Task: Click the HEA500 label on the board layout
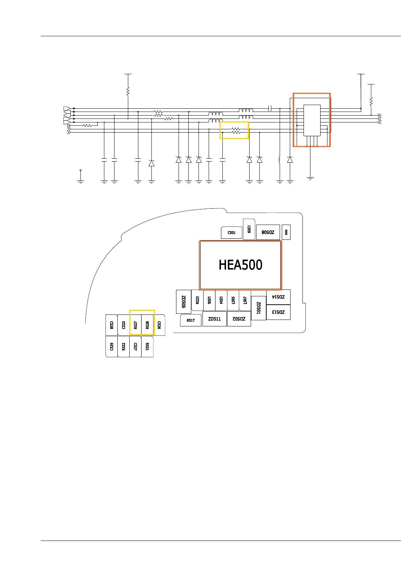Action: (x=241, y=265)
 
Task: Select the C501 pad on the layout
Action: (x=231, y=233)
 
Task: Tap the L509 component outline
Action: (x=249, y=229)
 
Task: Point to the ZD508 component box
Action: (x=268, y=232)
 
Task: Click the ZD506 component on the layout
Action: (x=184, y=302)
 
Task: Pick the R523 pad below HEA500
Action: (x=197, y=300)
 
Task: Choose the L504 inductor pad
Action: (x=221, y=300)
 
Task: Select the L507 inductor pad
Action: (x=245, y=300)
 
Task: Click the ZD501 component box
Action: (x=259, y=308)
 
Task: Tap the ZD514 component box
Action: (x=278, y=297)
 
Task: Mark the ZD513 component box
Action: (x=278, y=312)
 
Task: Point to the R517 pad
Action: (x=191, y=320)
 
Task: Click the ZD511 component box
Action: (x=214, y=319)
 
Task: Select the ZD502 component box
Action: (x=239, y=319)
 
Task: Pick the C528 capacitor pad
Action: (x=112, y=325)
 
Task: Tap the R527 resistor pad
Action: (x=135, y=325)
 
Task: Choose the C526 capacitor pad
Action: (x=159, y=325)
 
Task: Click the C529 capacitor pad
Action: (x=112, y=347)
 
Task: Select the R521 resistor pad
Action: (x=147, y=347)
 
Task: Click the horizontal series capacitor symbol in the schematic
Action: (x=270, y=108)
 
